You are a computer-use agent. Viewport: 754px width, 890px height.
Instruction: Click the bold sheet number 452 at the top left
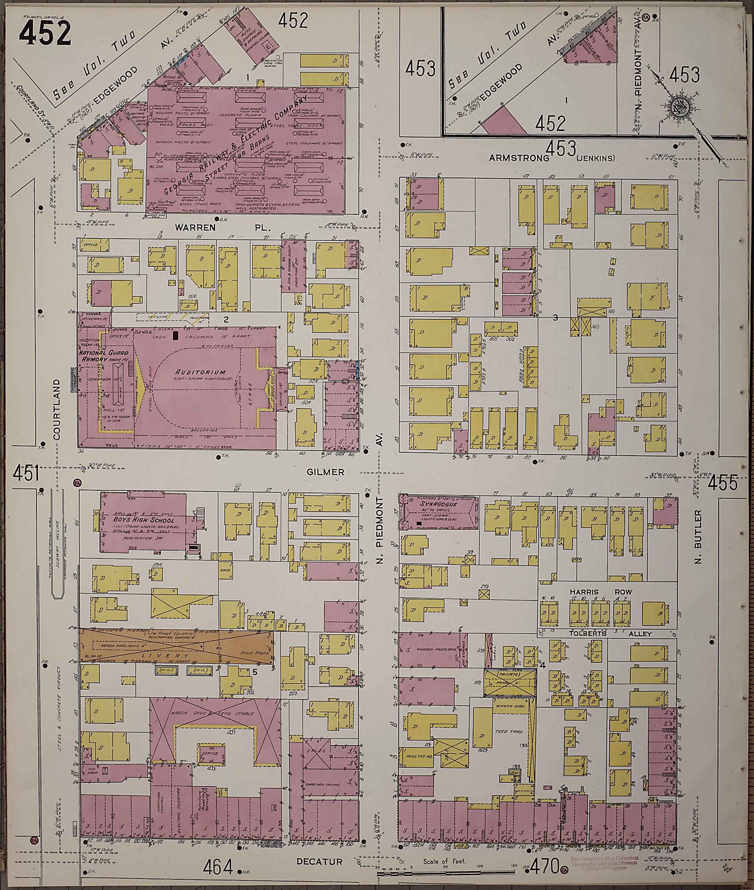pyautogui.click(x=45, y=33)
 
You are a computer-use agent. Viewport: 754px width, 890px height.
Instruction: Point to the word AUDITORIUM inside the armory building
pyautogui.click(x=197, y=372)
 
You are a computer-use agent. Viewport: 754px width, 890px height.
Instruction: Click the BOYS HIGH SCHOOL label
pyautogui.click(x=143, y=520)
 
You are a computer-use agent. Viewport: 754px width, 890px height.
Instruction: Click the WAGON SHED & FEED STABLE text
pyautogui.click(x=218, y=714)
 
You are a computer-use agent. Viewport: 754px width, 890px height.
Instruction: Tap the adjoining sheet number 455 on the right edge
pyautogui.click(x=722, y=484)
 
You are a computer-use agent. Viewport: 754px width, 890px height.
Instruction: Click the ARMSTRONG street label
pyautogui.click(x=518, y=158)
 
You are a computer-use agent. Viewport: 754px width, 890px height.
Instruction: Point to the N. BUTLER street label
pyautogui.click(x=698, y=536)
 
